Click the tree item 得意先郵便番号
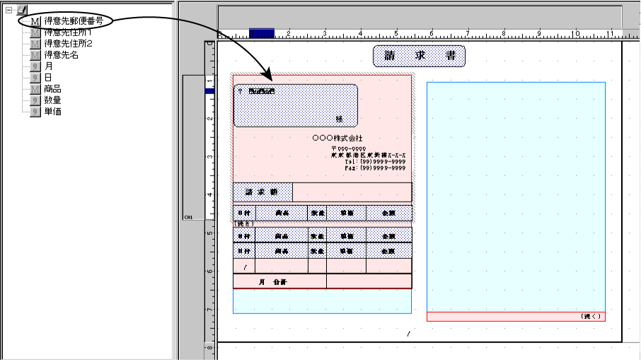73,21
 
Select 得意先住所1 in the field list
68,33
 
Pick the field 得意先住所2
68,44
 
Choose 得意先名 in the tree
61,55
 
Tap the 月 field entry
48,66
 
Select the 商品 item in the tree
52,89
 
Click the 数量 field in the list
52,100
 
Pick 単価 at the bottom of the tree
52,112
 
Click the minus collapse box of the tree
9,10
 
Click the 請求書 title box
419,56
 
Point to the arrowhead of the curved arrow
267,76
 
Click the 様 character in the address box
339,119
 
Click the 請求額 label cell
262,192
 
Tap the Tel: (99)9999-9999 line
376,162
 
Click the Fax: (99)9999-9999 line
376,169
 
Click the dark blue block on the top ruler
261,33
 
